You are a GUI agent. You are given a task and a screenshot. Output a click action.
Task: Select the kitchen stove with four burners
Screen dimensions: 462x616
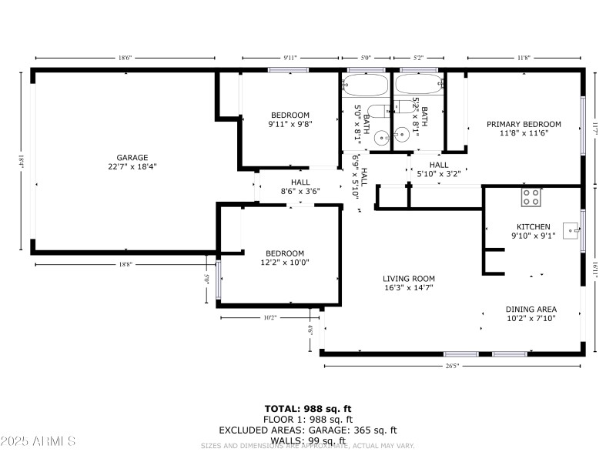[x=531, y=197]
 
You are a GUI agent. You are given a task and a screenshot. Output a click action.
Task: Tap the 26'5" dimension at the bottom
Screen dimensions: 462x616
[x=452, y=366]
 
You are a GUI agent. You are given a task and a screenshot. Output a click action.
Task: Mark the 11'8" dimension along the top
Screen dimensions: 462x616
[x=524, y=58]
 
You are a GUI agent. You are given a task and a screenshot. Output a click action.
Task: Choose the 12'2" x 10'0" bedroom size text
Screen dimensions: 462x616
[x=285, y=263]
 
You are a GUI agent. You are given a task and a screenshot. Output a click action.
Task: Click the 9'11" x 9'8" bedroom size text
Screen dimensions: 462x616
[x=289, y=124]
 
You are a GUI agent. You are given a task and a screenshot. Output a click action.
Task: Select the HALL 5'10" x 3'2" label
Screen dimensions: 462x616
[x=439, y=169]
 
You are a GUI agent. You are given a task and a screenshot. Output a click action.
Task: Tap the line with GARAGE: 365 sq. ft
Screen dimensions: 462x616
[x=308, y=430]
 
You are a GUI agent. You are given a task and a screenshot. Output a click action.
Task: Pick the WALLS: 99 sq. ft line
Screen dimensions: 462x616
[x=308, y=440]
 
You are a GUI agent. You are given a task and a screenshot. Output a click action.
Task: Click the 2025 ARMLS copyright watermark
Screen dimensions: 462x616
[x=38, y=441]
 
